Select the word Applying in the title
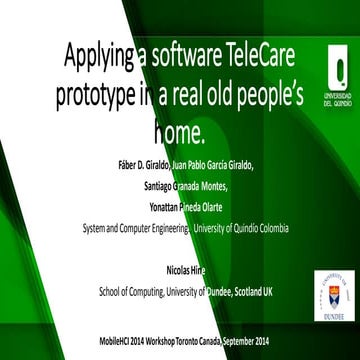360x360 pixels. coord(98,56)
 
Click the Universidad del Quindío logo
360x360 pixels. coord(330,71)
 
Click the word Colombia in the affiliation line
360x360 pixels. coord(268,228)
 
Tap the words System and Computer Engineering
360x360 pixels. coord(134,228)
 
